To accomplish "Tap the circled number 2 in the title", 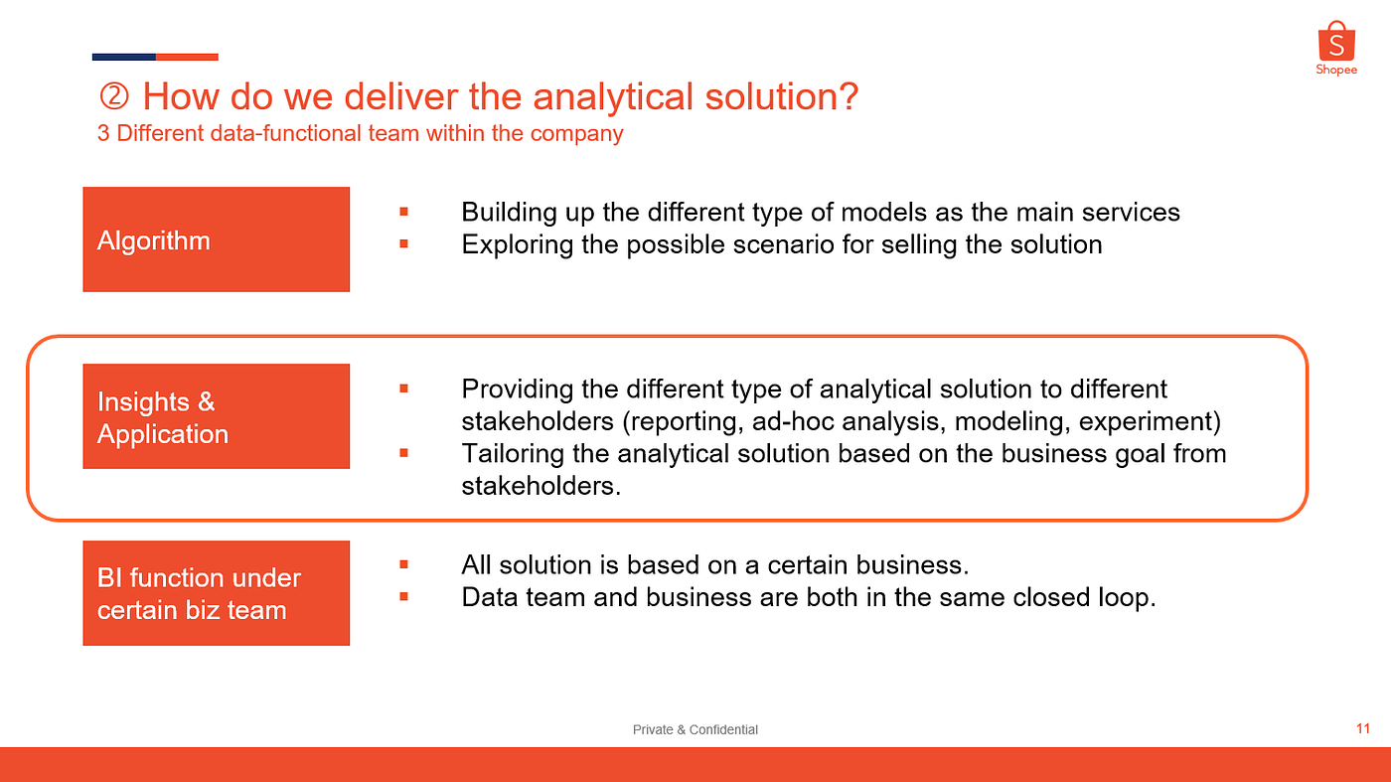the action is (x=114, y=97).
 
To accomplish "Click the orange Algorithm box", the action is (x=217, y=239).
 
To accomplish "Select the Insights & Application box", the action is (x=217, y=416).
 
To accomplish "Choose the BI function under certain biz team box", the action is (x=217, y=593).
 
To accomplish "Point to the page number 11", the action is (x=1363, y=728).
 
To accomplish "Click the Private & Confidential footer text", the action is (x=695, y=729).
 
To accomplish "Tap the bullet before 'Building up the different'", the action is (x=403, y=212).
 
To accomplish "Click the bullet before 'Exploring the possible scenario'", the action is (x=403, y=244).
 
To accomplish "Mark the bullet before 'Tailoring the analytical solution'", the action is (x=403, y=453).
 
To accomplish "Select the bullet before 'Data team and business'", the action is (x=403, y=597).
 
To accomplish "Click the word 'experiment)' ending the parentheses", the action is (x=1151, y=422).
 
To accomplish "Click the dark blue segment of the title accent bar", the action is (x=123, y=58).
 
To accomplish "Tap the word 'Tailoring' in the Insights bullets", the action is (x=513, y=455).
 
